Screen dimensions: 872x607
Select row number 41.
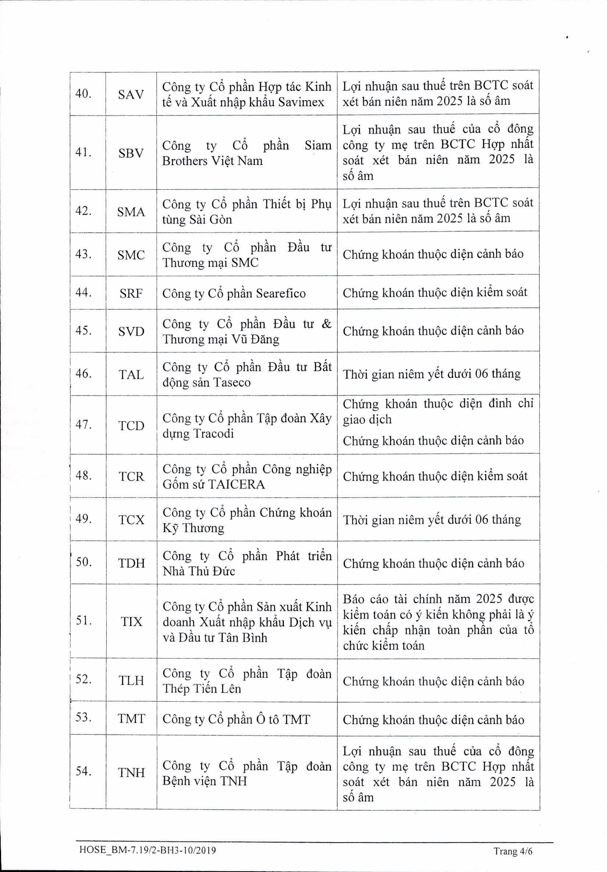coord(83,152)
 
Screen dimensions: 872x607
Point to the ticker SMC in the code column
coord(131,255)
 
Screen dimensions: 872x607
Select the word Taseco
coord(232,382)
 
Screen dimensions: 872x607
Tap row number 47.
coord(83,424)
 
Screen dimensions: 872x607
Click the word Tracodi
coord(213,433)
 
